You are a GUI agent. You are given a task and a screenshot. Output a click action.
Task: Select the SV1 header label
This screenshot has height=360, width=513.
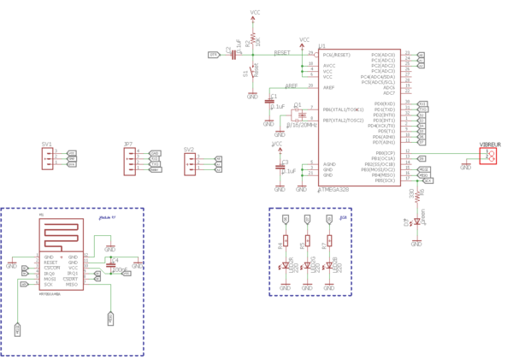pyautogui.click(x=46, y=145)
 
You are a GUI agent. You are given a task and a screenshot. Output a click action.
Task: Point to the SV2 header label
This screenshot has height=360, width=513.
pyautogui.click(x=189, y=150)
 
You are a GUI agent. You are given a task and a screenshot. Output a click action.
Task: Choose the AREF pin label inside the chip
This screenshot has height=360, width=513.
pyautogui.click(x=328, y=87)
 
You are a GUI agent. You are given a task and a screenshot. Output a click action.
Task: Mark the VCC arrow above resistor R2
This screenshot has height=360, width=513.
pyautogui.click(x=255, y=15)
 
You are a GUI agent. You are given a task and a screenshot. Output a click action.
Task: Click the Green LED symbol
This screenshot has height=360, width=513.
pyautogui.click(x=416, y=223)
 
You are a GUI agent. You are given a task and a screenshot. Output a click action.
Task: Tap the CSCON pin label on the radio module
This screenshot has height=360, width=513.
pyautogui.click(x=52, y=268)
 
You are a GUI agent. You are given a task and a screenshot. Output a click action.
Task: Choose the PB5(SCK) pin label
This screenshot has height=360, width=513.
pyautogui.click(x=384, y=180)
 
